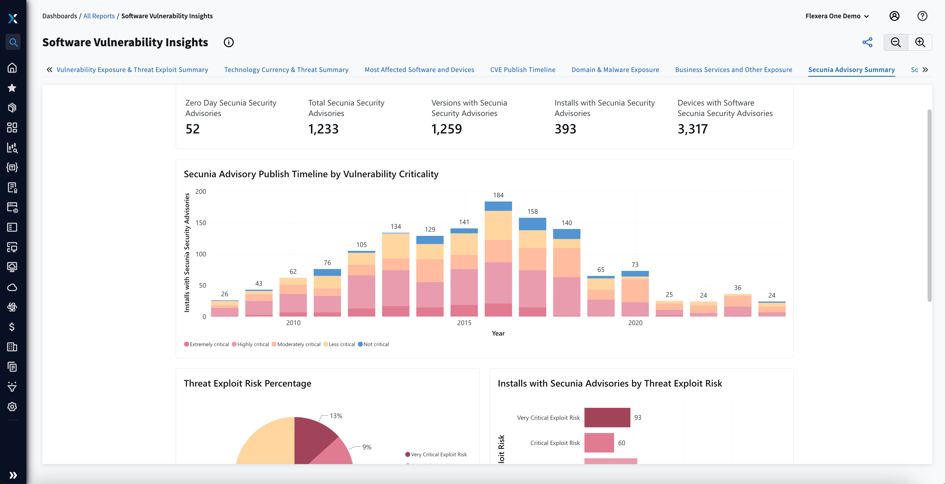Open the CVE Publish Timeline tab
[522, 70]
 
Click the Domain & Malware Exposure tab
[615, 70]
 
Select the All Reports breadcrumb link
[99, 16]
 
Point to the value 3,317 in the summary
[692, 129]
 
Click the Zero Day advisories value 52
[192, 129]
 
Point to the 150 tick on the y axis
[201, 223]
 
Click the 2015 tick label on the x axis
[464, 323]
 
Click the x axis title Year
[498, 333]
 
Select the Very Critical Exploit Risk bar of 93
[607, 418]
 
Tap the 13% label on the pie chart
[336, 416]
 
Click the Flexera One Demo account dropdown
[837, 16]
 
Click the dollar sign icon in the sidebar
[12, 327]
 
